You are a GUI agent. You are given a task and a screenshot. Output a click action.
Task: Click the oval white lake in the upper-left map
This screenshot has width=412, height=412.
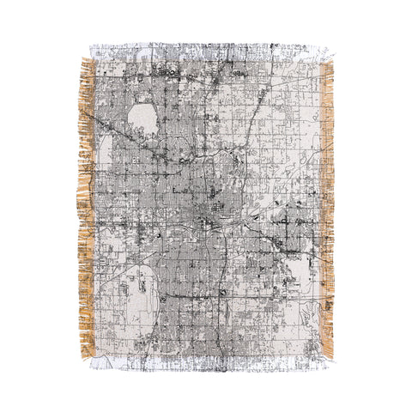click(142, 120)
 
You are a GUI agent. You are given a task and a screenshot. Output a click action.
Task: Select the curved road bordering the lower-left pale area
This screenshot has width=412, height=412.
click(160, 292)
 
